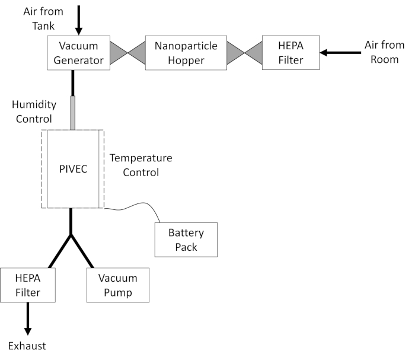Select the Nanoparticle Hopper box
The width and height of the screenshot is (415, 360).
tap(186, 53)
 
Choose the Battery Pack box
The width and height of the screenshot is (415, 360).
tap(186, 240)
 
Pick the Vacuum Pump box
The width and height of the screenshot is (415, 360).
tap(118, 285)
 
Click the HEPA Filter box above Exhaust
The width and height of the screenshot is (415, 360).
tap(28, 285)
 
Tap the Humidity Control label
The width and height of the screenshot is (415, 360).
tap(34, 111)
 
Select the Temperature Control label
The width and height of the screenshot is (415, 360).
tap(141, 165)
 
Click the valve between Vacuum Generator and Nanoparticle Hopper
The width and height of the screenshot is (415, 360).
tap(126, 53)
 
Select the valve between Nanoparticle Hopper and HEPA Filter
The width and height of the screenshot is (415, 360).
tap(244, 53)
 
